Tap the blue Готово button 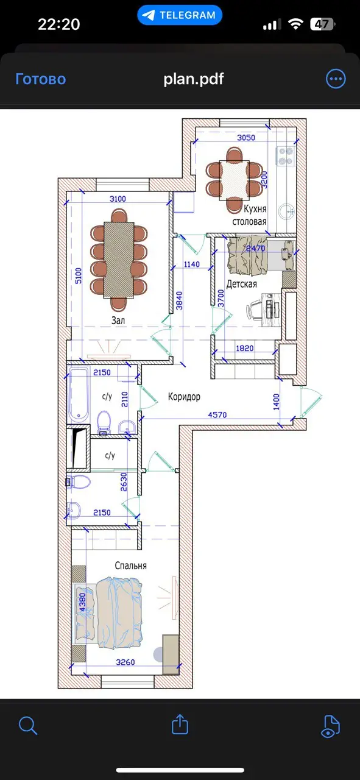coord(40,79)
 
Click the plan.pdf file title coord(194,79)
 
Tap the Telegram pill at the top coord(180,15)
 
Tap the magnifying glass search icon coord(28,725)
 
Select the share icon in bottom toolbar coord(179,725)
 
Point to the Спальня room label coord(130,565)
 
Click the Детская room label coord(241,284)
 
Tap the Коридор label coord(184,397)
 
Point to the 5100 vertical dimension coord(79,276)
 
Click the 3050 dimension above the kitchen coord(245,138)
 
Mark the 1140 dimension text coord(191,264)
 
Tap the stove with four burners coord(286,155)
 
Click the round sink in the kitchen coord(286,211)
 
